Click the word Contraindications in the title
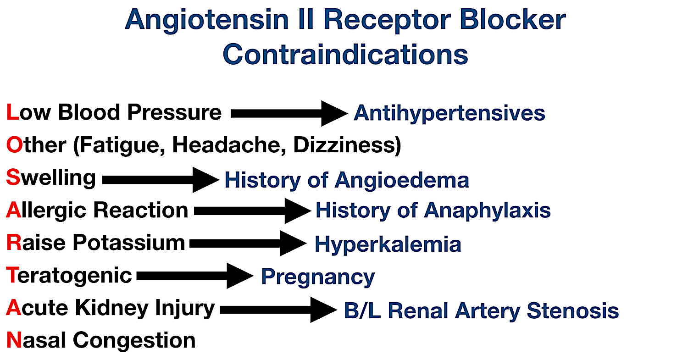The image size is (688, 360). pyautogui.click(x=345, y=54)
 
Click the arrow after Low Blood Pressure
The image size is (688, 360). pyautogui.click(x=289, y=113)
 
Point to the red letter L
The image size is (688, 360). pyautogui.click(x=12, y=112)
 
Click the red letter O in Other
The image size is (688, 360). pyautogui.click(x=14, y=145)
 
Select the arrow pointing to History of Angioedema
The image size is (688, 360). pyautogui.click(x=161, y=180)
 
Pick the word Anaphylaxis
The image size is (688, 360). pyautogui.click(x=487, y=210)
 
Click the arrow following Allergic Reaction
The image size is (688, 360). pyautogui.click(x=252, y=211)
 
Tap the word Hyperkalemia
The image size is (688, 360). pyautogui.click(x=388, y=244)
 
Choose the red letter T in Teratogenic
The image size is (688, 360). pyautogui.click(x=12, y=276)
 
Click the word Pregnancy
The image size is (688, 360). pyautogui.click(x=318, y=277)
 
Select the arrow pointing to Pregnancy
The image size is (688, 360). pyautogui.click(x=195, y=276)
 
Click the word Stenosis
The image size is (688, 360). pyautogui.click(x=573, y=310)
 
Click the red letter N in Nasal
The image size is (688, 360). pyautogui.click(x=14, y=341)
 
